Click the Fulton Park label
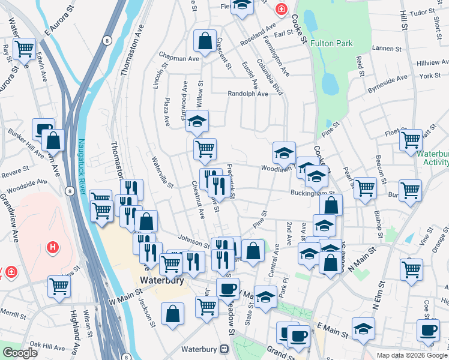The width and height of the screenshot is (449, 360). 332,43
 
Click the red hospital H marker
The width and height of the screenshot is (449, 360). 53,247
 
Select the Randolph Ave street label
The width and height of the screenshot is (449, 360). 247,94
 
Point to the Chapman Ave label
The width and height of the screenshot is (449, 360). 178,59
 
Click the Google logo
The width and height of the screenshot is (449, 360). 20,353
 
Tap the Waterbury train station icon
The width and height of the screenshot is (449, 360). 224,348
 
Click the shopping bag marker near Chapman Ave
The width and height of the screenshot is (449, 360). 205,42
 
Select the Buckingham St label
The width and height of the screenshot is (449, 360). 312,193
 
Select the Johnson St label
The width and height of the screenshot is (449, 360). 193,239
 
